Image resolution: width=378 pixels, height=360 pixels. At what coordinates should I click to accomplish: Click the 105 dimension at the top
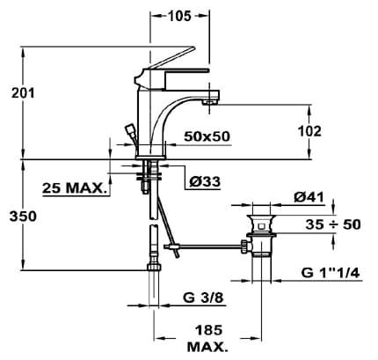[179, 16]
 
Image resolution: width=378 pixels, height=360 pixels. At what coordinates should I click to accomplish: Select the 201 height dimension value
[23, 93]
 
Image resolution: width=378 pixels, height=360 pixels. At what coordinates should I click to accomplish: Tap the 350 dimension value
[23, 217]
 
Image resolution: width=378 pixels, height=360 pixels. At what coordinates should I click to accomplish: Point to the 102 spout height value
[309, 131]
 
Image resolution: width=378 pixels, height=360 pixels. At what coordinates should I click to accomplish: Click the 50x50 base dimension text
[207, 136]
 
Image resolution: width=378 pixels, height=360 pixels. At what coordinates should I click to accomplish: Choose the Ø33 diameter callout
[205, 182]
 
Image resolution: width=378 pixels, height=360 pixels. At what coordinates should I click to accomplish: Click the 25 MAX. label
[74, 188]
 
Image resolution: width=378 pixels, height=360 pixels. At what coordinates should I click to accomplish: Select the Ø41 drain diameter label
[309, 197]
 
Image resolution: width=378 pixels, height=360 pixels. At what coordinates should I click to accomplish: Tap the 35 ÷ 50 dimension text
[333, 224]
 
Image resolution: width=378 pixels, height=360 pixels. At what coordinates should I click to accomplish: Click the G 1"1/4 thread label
[331, 274]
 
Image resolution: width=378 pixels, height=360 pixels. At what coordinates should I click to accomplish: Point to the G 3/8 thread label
[203, 298]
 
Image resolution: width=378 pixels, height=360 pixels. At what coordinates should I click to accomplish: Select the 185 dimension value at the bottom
[209, 330]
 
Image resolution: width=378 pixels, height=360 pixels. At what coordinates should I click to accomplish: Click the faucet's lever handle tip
[193, 48]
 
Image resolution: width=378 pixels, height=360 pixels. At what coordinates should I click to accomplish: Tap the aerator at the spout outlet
[208, 102]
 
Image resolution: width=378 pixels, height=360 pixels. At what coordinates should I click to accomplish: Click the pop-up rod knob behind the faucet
[129, 129]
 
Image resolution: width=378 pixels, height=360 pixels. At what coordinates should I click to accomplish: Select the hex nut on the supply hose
[154, 267]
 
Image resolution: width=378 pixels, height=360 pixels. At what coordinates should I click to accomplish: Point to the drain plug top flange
[261, 217]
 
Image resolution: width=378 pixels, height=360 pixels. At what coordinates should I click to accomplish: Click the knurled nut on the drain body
[244, 246]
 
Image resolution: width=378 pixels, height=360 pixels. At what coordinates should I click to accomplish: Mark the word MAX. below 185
[207, 348]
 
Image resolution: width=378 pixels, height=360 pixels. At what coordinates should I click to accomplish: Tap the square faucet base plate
[151, 157]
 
